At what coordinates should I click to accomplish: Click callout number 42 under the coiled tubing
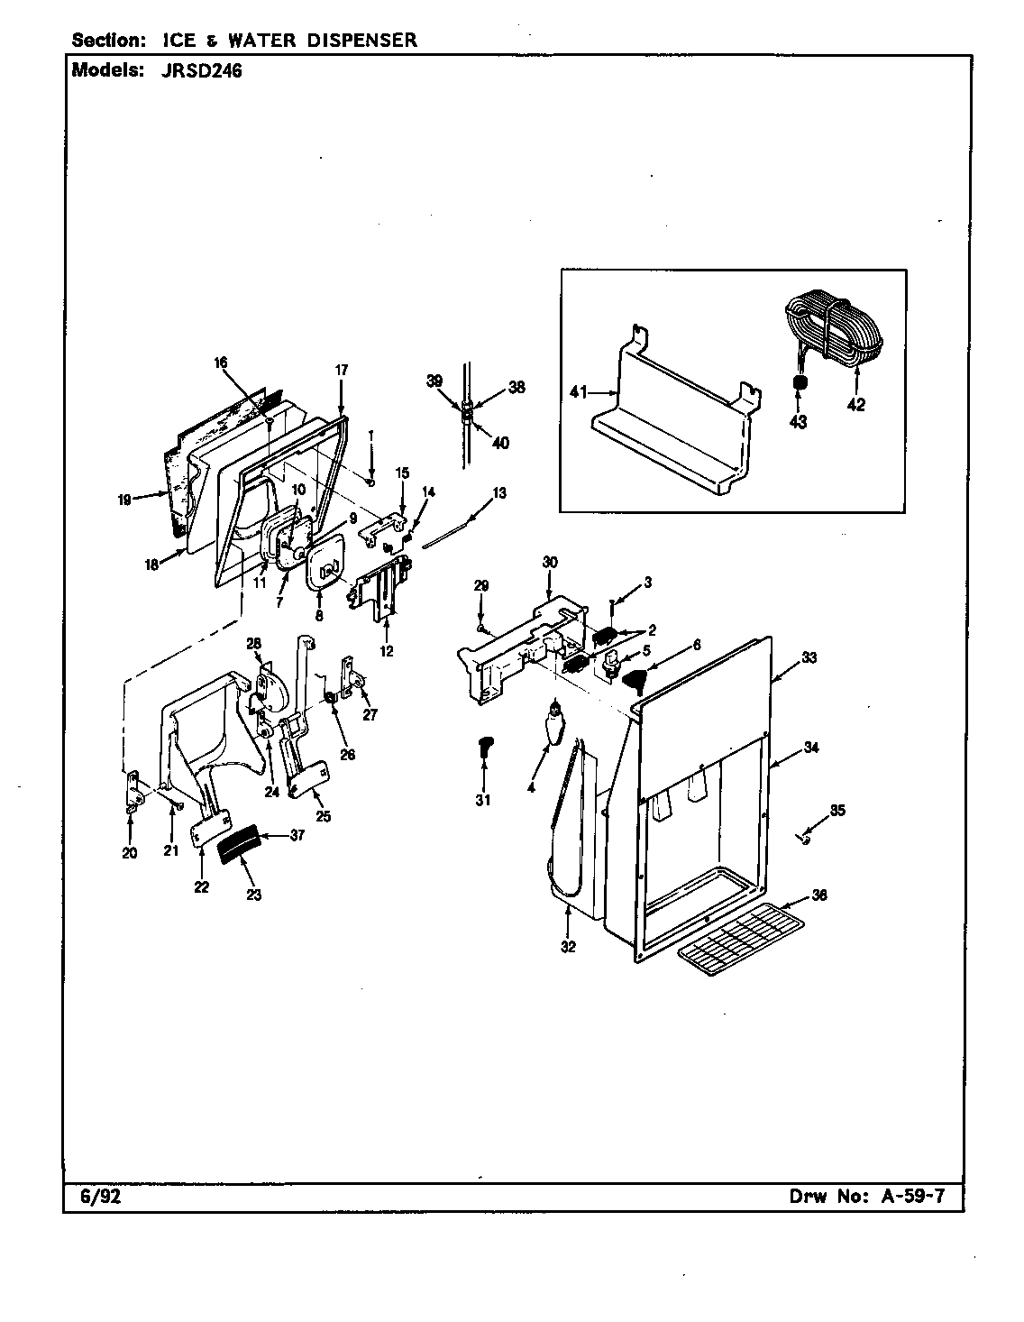(x=855, y=406)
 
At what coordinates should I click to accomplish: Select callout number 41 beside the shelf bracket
(x=580, y=392)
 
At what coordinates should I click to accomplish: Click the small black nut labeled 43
(x=798, y=385)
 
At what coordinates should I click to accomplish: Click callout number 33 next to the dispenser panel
(x=809, y=658)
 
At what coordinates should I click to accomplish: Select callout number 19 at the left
(x=125, y=498)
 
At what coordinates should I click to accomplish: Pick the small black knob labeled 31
(x=484, y=745)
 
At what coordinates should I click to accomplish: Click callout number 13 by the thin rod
(x=498, y=493)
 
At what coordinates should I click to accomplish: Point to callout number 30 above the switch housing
(x=550, y=562)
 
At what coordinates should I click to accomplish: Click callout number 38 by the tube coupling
(x=517, y=388)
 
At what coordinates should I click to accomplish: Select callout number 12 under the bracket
(x=387, y=651)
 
